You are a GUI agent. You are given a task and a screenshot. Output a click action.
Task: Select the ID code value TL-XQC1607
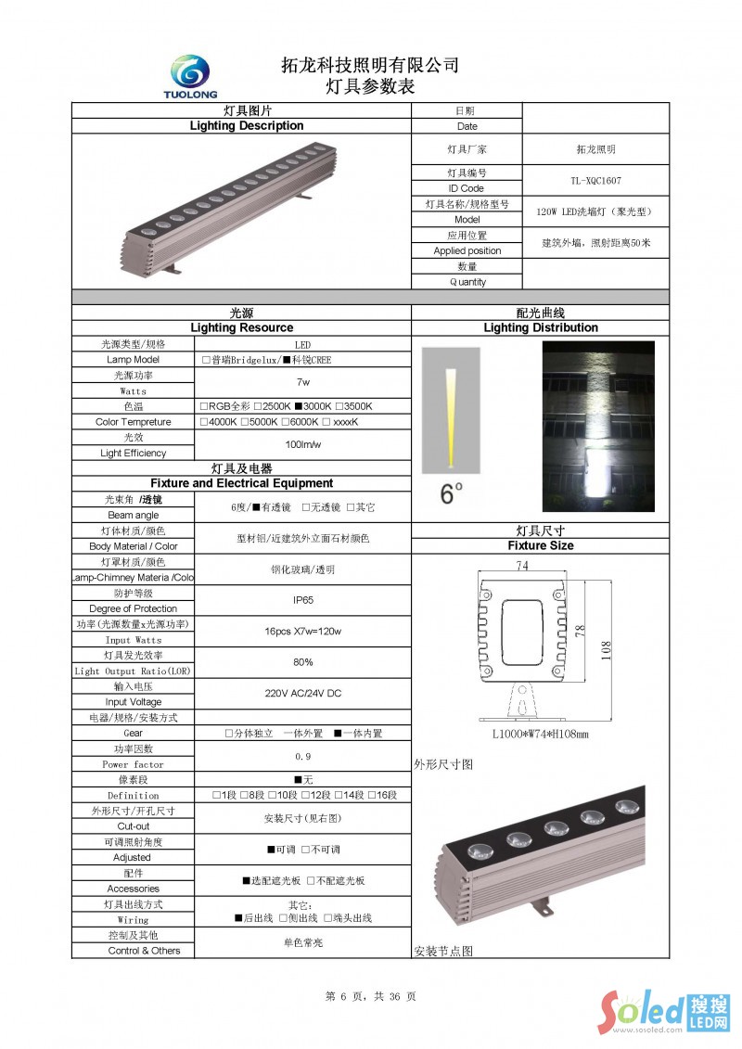(595, 181)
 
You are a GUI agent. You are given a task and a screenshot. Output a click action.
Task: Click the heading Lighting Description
(246, 126)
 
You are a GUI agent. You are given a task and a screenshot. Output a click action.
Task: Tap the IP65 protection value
(302, 600)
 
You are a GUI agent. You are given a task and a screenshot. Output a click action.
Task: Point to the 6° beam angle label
(451, 494)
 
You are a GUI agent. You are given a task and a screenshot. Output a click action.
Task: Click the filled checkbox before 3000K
(299, 406)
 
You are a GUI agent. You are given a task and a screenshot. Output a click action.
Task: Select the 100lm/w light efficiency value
(302, 445)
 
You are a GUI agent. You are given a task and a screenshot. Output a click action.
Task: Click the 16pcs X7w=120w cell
(302, 632)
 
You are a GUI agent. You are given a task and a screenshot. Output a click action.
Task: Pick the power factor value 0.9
(302, 757)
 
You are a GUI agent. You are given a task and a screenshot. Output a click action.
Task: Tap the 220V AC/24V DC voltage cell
(302, 694)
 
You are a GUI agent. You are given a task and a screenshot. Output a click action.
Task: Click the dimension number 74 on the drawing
(521, 566)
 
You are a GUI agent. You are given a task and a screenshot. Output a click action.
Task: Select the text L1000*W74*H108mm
(540, 735)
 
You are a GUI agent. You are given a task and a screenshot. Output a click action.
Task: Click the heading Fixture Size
(540, 546)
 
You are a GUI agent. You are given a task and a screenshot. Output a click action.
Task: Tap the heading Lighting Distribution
(540, 327)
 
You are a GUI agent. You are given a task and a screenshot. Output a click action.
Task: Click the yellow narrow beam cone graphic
(450, 417)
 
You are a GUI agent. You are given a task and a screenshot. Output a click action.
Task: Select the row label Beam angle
(134, 515)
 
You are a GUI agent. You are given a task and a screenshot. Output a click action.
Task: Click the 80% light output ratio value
(302, 662)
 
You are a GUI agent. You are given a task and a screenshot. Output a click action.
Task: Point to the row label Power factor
(134, 764)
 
